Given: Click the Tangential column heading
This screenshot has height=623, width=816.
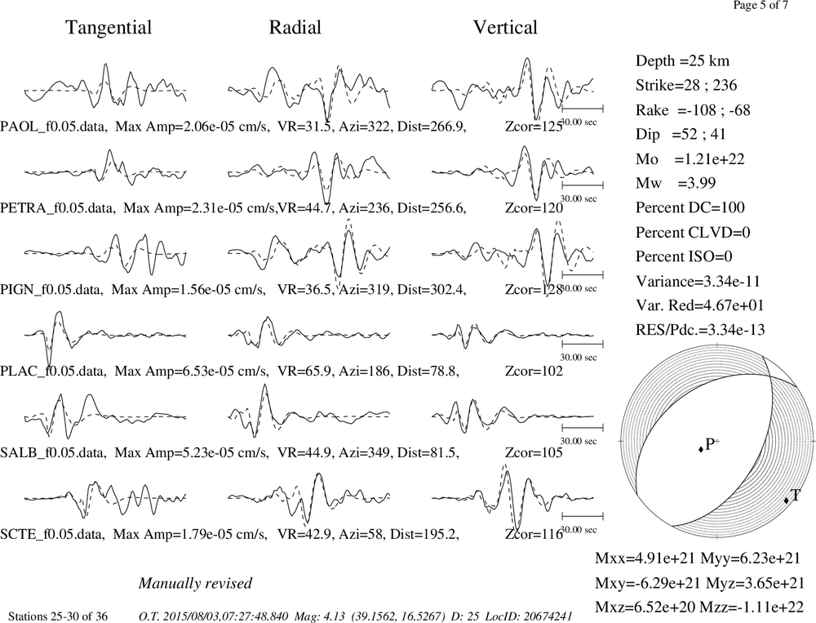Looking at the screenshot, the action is click(109, 28).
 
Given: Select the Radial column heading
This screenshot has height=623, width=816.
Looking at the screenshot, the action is click(295, 28).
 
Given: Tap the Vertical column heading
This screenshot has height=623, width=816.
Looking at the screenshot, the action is click(505, 28).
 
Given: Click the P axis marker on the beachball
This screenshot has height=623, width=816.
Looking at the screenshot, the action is click(701, 448).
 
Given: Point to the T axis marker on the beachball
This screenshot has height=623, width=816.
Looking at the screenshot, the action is click(787, 500).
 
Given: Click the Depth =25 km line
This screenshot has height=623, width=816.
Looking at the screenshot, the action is click(682, 61).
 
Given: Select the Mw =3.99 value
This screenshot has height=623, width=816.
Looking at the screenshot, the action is click(676, 183).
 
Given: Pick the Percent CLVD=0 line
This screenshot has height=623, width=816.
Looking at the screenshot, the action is click(693, 232).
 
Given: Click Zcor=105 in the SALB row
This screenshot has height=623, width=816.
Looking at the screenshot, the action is click(534, 452).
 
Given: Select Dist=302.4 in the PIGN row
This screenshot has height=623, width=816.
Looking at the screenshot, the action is click(432, 290).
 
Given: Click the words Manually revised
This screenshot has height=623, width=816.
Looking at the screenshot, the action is click(195, 583).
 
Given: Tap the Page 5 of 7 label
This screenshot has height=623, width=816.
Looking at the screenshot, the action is click(761, 5).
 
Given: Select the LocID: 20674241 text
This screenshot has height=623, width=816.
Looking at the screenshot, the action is click(529, 616).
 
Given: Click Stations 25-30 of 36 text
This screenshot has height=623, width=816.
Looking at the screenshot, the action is click(58, 616).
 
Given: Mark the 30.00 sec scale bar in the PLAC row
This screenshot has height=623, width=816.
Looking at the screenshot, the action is click(583, 345).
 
